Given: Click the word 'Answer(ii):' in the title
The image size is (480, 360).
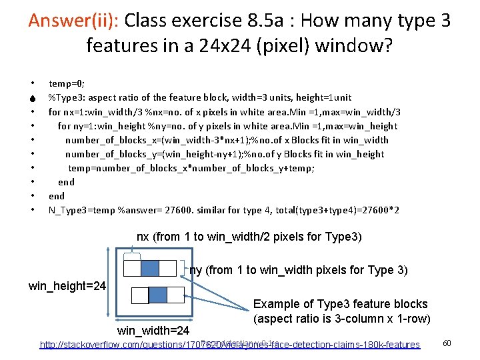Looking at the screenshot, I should [x=72, y=20].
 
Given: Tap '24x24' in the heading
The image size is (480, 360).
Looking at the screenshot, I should [x=219, y=45].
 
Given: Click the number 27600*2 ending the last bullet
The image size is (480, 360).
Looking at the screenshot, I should [x=379, y=210].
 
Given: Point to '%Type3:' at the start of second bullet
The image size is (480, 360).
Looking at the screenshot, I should [x=65, y=98].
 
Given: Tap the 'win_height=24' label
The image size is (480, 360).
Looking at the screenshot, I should [x=67, y=286].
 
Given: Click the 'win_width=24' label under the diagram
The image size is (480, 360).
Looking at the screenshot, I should [x=153, y=331].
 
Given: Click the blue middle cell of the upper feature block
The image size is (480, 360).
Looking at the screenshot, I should [x=150, y=268].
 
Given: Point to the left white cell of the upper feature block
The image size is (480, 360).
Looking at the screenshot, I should [x=133, y=268].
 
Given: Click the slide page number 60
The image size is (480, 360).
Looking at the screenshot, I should [x=447, y=343].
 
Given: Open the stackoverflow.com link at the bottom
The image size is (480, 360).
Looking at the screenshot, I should [x=230, y=345].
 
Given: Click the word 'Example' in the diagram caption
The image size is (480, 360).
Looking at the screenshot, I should [x=275, y=304].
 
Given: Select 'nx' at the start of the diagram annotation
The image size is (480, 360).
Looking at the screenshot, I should [x=143, y=237].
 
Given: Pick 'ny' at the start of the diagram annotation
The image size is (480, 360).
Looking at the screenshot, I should [x=195, y=270].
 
